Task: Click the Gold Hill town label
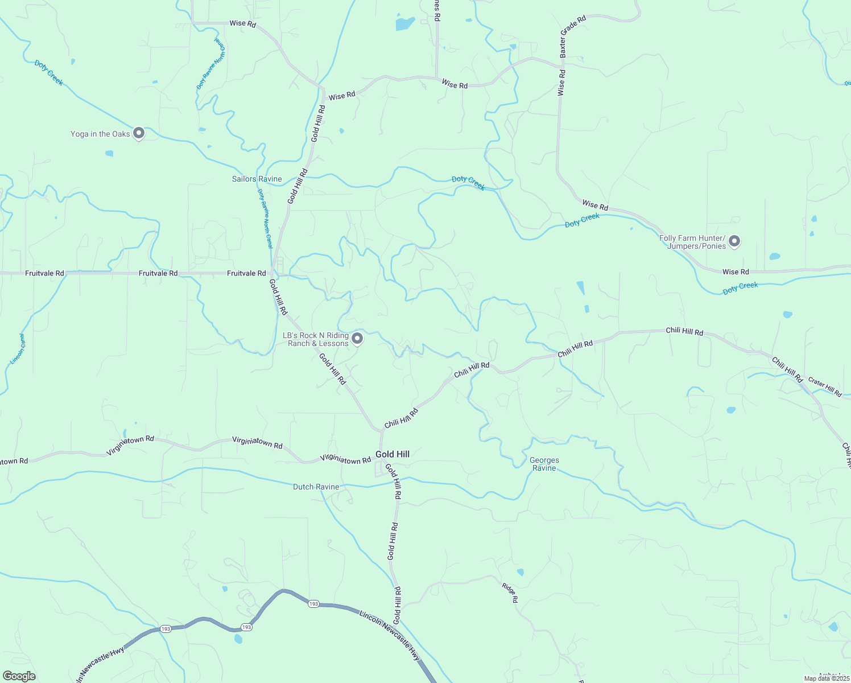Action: [393, 454]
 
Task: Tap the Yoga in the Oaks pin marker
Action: [139, 133]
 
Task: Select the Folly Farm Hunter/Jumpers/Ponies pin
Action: [734, 241]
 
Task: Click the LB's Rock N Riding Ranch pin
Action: [357, 339]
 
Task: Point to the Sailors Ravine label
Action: [257, 179]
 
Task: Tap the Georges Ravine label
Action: [544, 464]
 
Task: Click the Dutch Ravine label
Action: [316, 487]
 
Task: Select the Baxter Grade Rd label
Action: [572, 36]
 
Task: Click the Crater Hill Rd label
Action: [825, 387]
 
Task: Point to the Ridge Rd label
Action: [510, 593]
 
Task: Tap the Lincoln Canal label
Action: [18, 349]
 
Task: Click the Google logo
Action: [19, 676]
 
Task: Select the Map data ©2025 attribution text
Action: [826, 678]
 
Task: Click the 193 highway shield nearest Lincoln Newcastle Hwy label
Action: [313, 604]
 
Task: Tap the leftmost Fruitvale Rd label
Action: [44, 273]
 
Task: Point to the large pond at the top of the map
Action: [404, 23]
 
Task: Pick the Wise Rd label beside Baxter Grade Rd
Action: [561, 83]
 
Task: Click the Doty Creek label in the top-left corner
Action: [48, 72]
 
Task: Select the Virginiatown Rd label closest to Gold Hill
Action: [345, 459]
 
